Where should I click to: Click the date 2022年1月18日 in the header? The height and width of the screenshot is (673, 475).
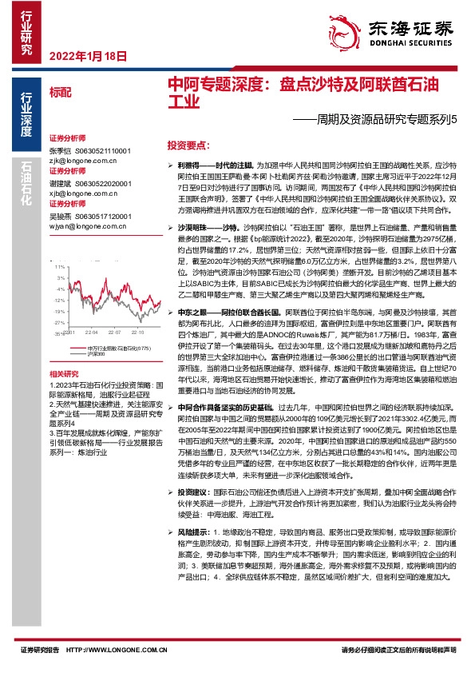[88, 57]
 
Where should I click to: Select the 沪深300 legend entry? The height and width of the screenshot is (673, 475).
[96, 352]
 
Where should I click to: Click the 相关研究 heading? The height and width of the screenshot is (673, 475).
[64, 373]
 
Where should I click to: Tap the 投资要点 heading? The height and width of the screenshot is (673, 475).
[188, 146]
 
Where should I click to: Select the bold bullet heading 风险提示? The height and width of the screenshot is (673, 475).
[193, 531]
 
